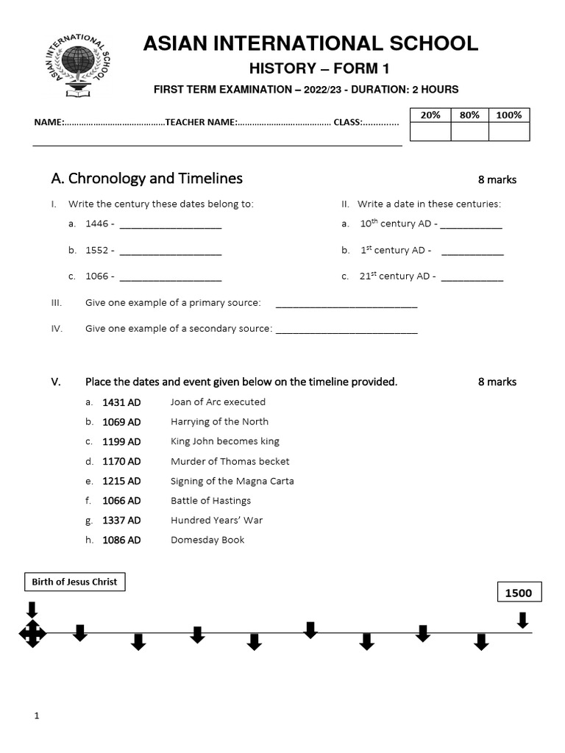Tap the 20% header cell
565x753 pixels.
430,115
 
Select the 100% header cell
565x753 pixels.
509,115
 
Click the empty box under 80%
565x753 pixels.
469,132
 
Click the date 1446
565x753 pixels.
97,224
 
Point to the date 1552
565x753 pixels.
97,250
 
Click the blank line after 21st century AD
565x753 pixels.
472,277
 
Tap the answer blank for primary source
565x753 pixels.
346,304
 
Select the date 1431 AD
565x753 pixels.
121,402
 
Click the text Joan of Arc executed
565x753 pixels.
218,402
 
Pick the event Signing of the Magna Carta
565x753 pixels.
232,481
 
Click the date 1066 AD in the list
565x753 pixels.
121,501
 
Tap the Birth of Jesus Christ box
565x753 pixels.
74,582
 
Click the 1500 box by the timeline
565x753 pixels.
518,593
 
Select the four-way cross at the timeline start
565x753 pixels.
32,633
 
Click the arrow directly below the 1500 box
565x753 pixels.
522,621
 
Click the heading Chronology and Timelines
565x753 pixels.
146,179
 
